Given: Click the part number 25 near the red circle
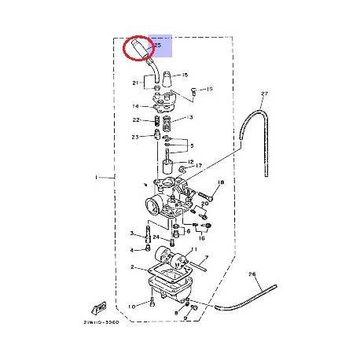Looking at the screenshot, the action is [158, 46].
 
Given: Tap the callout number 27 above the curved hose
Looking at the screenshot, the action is [264, 94].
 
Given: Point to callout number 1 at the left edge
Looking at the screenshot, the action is [97, 178].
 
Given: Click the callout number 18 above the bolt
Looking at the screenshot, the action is [221, 182].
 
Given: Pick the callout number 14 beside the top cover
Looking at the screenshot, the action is [135, 106].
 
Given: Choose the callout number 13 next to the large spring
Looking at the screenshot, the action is [188, 117].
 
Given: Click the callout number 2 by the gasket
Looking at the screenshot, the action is [131, 267].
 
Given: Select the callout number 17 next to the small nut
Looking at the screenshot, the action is [200, 166].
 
